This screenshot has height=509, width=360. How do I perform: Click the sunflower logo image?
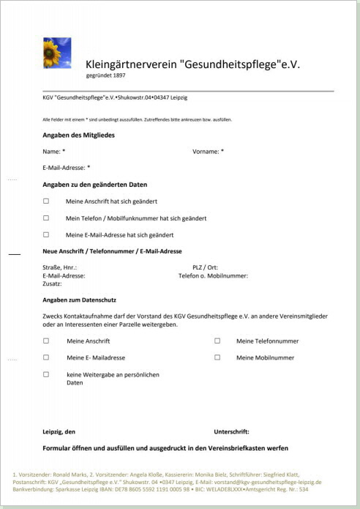57,53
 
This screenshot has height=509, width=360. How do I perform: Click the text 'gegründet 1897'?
106,75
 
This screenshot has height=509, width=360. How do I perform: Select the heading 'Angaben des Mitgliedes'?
78,135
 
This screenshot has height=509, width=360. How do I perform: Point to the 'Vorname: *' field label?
208,152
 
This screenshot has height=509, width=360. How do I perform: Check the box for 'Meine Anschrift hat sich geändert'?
46,201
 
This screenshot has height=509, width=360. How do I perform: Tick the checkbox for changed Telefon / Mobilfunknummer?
46,218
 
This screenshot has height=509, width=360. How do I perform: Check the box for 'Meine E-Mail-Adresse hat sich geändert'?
46,234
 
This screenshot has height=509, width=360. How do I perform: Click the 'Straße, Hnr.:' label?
60,268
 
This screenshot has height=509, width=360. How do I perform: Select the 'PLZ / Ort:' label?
205,268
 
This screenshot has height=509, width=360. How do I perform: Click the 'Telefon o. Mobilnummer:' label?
213,276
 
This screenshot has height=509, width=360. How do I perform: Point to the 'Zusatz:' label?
53,283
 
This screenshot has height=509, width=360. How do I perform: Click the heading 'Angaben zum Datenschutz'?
80,300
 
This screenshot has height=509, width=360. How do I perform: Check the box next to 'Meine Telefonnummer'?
217,341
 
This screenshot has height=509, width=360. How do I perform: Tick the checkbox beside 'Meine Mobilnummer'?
217,357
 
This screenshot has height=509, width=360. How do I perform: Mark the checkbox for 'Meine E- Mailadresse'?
46,357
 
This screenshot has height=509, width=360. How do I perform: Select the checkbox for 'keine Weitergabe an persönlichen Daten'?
46,374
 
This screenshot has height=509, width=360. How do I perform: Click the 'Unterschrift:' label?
231,431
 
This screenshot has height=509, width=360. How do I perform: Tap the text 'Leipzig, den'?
59,431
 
